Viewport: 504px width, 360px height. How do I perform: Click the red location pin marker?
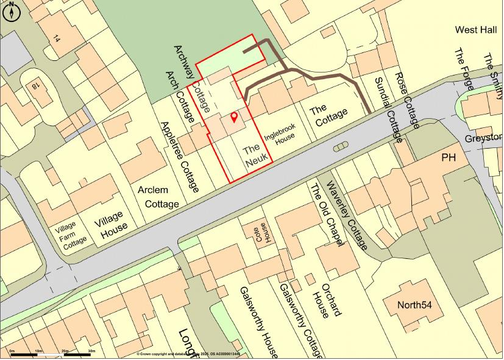(x=234, y=118)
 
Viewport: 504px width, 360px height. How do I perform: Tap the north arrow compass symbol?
(x=11, y=10)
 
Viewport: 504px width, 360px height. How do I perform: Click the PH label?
(x=449, y=158)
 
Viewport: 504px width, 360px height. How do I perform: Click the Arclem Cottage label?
(x=158, y=197)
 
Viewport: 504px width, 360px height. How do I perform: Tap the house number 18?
(x=35, y=85)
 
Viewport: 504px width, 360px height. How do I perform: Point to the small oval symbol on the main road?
(x=339, y=146)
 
